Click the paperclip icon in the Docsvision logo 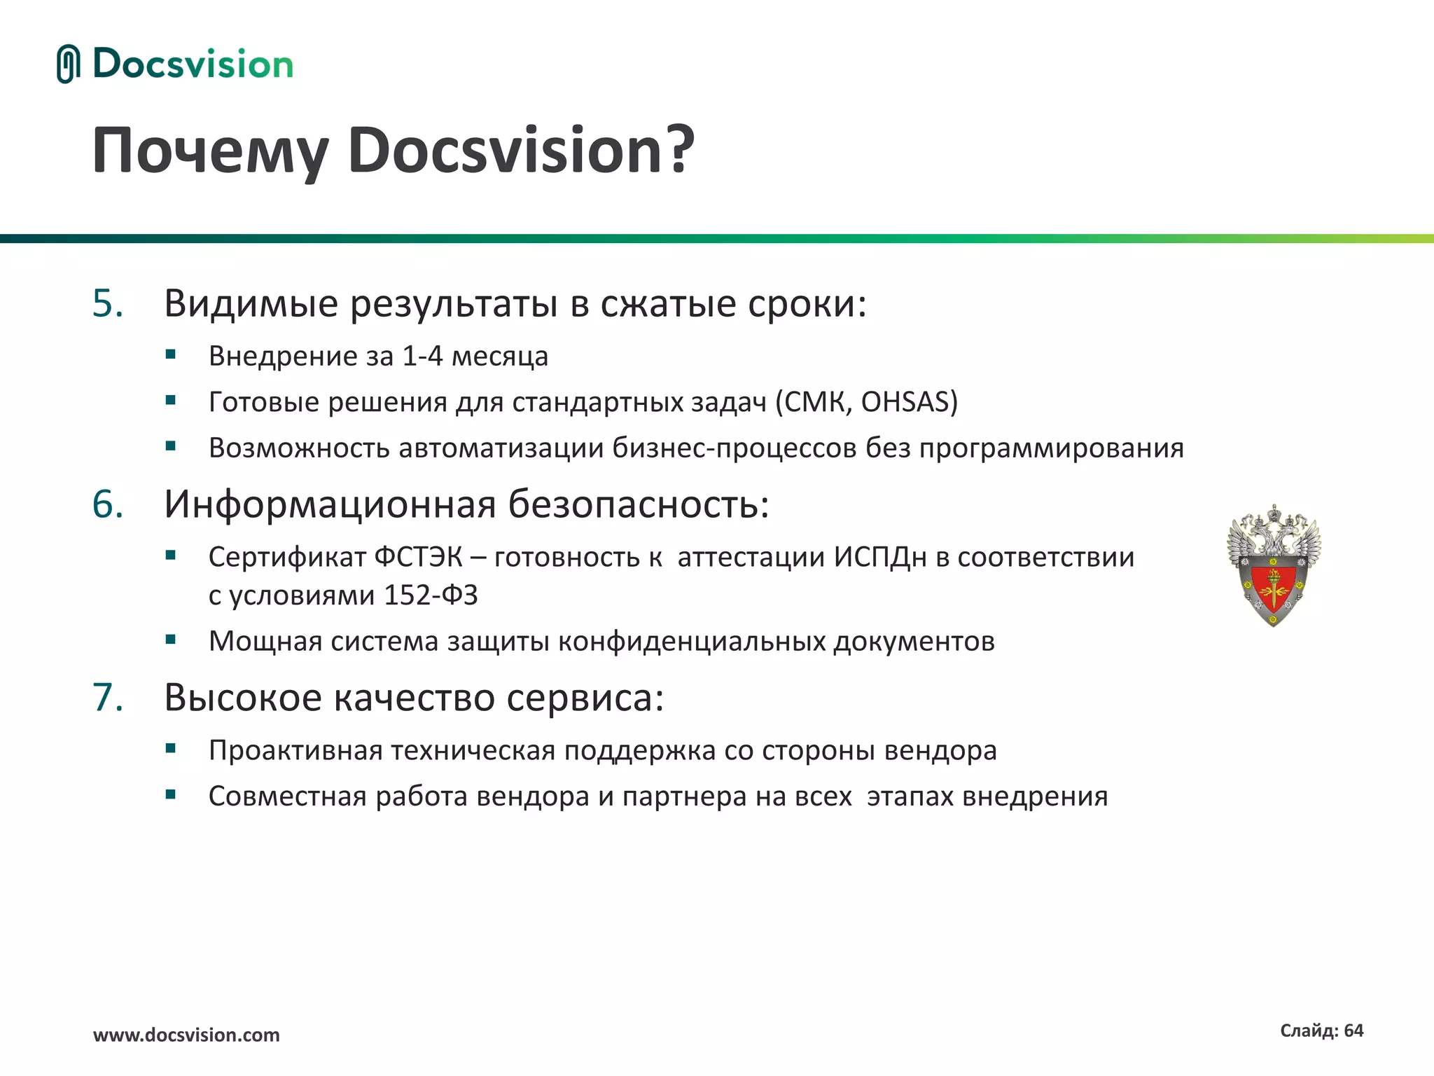coord(67,64)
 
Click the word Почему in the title coord(210,151)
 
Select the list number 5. coord(108,304)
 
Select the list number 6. coord(108,504)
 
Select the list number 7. coord(108,698)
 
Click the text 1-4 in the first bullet coord(422,357)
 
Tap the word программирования coord(1051,448)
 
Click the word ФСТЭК coord(418,558)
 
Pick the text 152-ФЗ coord(431,595)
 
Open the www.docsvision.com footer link coord(186,1035)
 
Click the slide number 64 coord(1353,1030)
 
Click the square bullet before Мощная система coord(170,639)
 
